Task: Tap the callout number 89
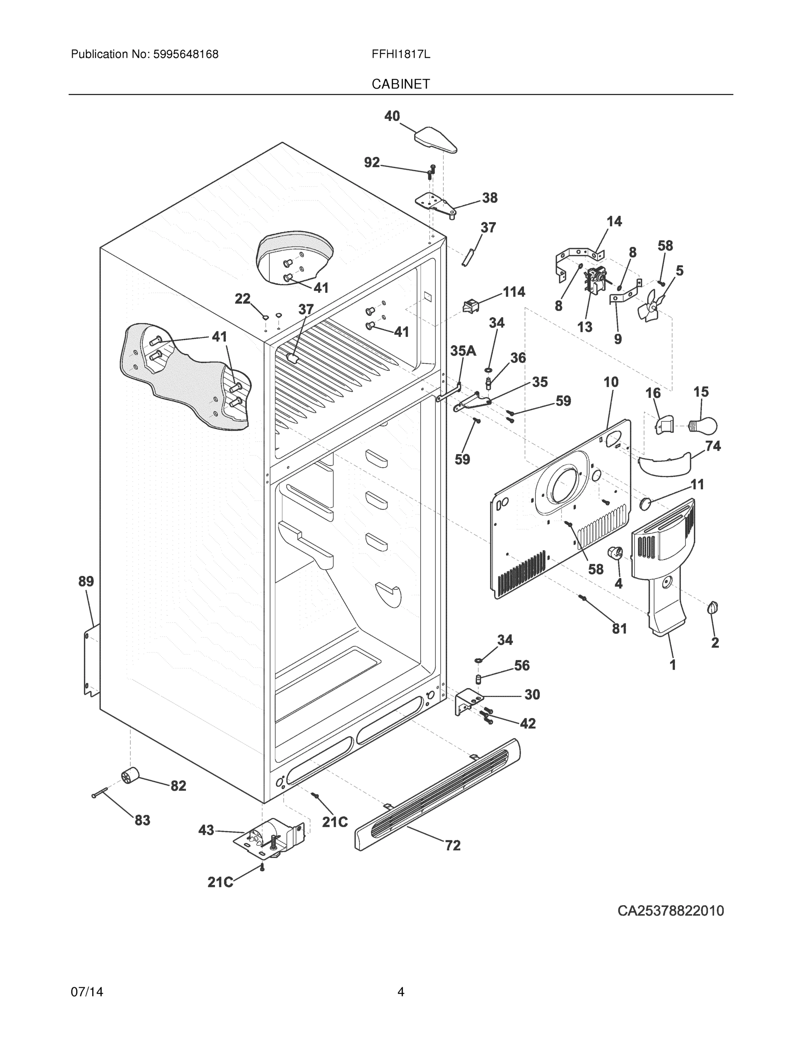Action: click(86, 581)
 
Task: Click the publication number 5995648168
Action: click(185, 54)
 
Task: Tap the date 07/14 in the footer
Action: click(87, 992)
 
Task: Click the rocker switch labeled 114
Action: click(470, 306)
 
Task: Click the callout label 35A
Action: click(463, 351)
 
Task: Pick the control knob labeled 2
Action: click(712, 608)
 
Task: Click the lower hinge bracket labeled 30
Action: click(467, 701)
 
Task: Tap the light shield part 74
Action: click(665, 464)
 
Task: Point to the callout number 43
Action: click(206, 830)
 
